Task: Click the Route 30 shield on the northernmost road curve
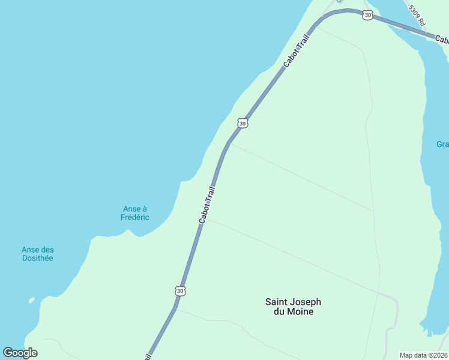click(x=367, y=15)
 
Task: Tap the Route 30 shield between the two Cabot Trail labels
click(x=242, y=123)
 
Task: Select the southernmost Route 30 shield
click(x=181, y=290)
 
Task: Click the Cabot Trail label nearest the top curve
click(x=297, y=50)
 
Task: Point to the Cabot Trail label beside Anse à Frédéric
click(x=207, y=205)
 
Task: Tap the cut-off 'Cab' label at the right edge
click(x=442, y=40)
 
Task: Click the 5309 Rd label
click(x=417, y=15)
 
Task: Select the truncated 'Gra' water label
click(x=442, y=145)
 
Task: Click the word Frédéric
click(x=135, y=217)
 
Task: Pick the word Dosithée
click(x=38, y=258)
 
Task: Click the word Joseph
click(x=308, y=302)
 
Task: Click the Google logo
click(x=20, y=353)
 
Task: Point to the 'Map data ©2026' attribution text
click(x=423, y=355)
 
